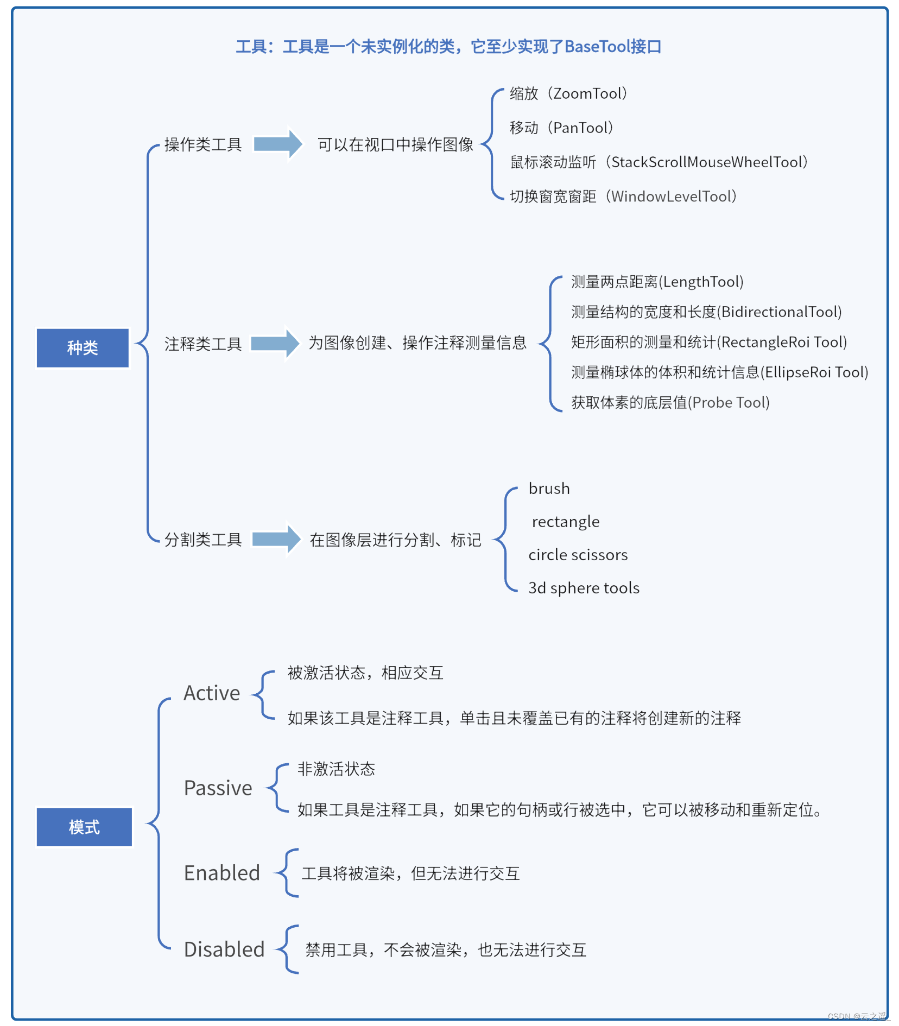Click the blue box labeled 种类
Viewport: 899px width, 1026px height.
tap(83, 347)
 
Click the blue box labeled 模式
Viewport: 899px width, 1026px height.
tap(84, 827)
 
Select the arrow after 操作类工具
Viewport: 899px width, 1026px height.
tap(277, 144)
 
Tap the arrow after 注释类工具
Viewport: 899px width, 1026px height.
tap(275, 343)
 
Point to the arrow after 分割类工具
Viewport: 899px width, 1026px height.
tap(276, 539)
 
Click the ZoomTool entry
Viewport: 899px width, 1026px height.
tap(568, 93)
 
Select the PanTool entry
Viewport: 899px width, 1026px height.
tap(561, 128)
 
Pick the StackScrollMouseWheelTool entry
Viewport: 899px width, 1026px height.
tap(659, 162)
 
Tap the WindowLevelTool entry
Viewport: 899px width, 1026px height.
tap(623, 196)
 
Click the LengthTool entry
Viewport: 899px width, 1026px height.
tap(657, 282)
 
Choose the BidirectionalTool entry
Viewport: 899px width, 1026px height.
tap(706, 312)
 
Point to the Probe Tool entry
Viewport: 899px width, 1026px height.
tap(670, 402)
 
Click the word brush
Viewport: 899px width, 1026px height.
tap(549, 489)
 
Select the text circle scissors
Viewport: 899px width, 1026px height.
tap(578, 555)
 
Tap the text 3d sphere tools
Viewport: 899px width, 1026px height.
tap(584, 588)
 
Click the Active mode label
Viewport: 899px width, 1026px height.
tap(212, 693)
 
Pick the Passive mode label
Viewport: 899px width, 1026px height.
tap(218, 788)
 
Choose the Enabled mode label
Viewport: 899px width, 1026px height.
tap(222, 873)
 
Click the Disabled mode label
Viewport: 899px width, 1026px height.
tap(224, 949)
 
